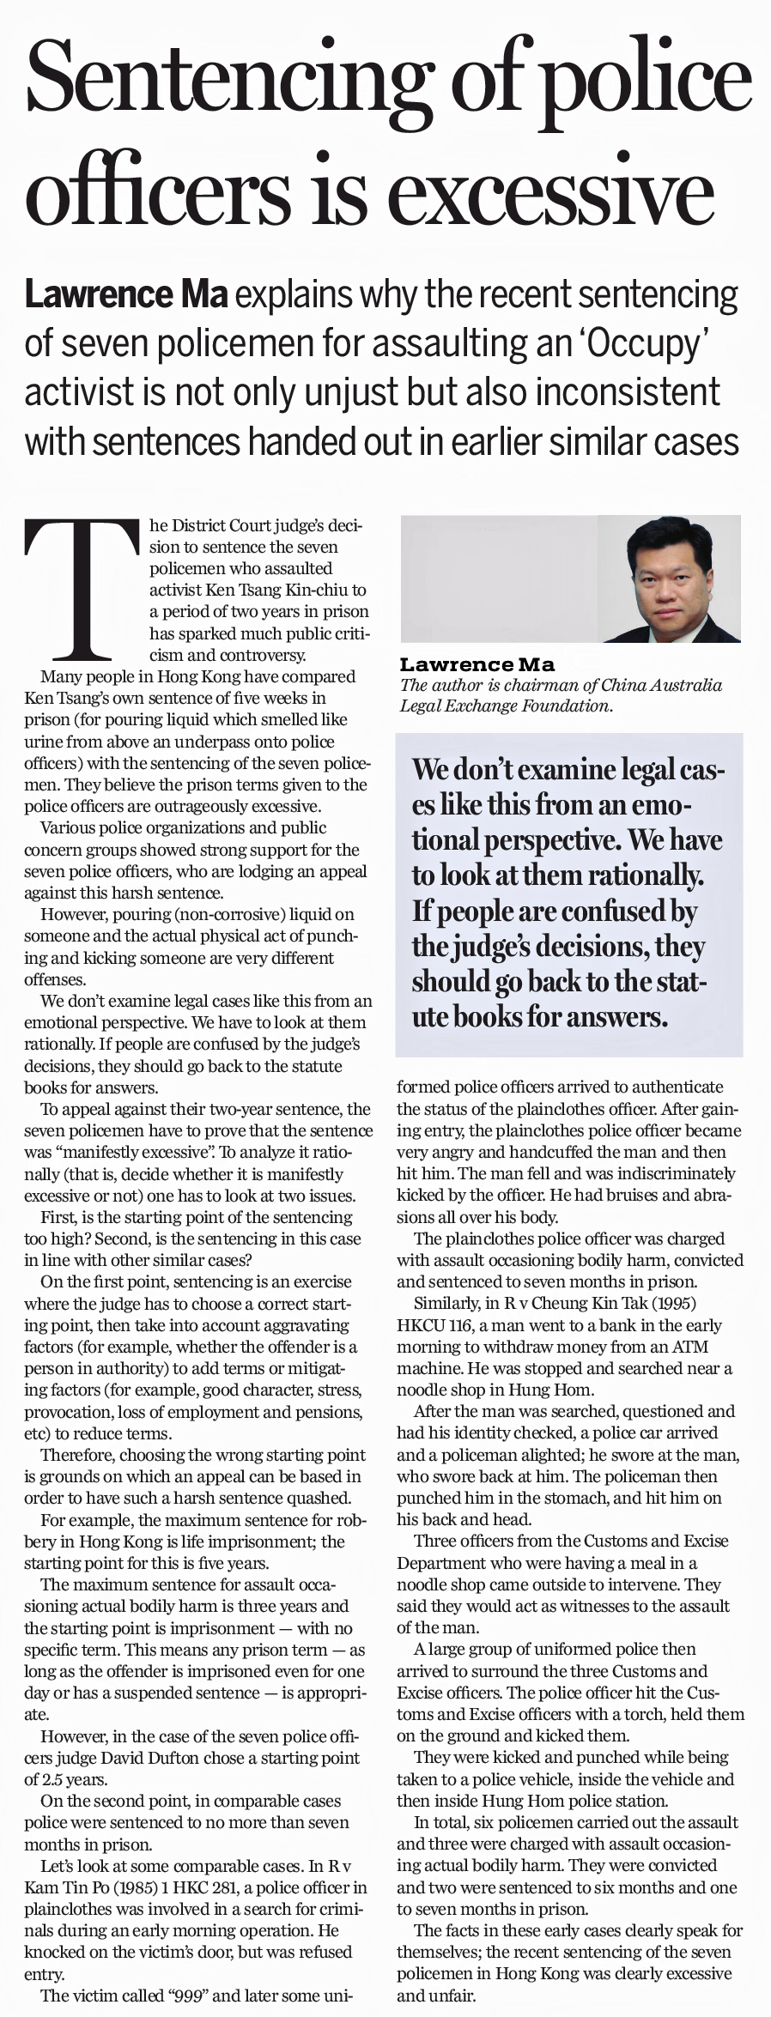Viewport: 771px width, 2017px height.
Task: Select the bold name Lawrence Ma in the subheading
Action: [x=126, y=294]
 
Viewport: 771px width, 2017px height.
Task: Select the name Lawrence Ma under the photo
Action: [x=477, y=664]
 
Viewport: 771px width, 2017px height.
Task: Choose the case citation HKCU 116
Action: [x=435, y=1325]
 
